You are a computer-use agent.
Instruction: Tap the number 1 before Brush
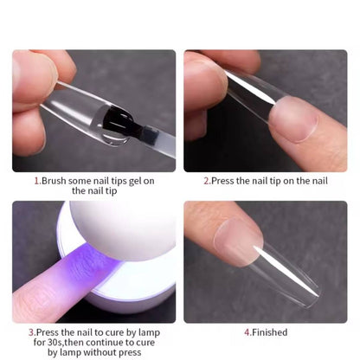click(x=36, y=181)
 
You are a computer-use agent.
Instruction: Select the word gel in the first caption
click(x=135, y=182)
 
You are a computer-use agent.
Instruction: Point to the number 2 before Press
click(x=206, y=181)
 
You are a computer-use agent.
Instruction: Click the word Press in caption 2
click(x=222, y=181)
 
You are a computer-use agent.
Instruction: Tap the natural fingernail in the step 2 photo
click(x=293, y=119)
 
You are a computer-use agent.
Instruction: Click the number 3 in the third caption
click(x=31, y=332)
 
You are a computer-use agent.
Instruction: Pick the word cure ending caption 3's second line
click(x=145, y=343)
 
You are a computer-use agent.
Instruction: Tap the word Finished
click(x=270, y=332)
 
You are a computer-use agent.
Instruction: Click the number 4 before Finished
click(x=247, y=332)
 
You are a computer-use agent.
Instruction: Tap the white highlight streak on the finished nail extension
click(x=286, y=270)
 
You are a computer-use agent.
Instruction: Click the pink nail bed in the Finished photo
click(x=238, y=241)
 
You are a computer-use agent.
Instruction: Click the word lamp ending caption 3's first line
click(x=149, y=333)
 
